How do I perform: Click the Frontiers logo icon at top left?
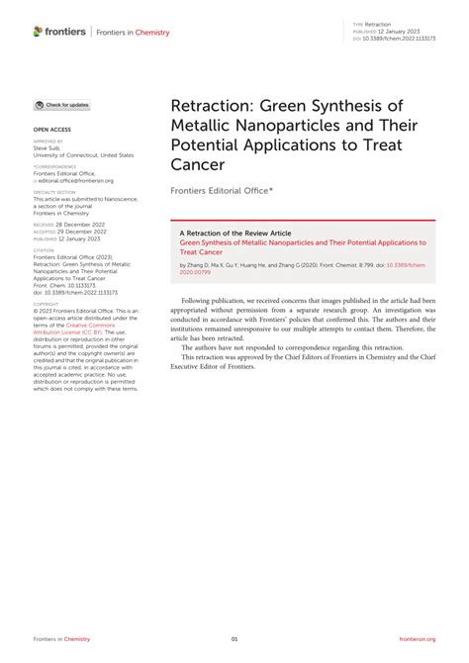click(x=38, y=32)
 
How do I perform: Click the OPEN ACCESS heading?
click(x=53, y=129)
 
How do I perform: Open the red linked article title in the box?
click(x=302, y=241)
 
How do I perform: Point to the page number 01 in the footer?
click(x=234, y=638)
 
